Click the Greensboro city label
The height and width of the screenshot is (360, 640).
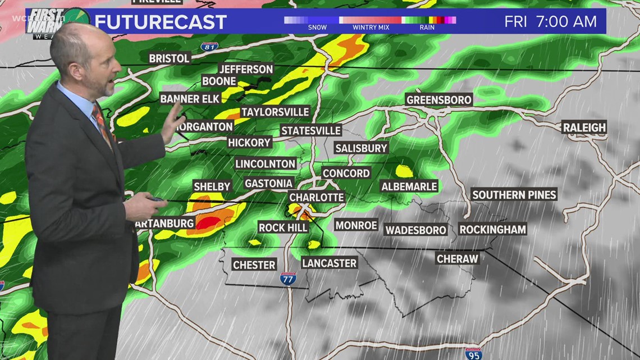[439, 99]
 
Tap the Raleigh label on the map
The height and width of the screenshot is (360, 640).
[584, 127]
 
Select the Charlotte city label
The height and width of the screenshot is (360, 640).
[316, 197]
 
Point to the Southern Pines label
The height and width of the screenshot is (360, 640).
[514, 195]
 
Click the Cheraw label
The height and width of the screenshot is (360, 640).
[458, 258]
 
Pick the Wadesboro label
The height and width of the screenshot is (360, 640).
[415, 230]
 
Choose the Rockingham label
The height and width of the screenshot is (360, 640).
[492, 229]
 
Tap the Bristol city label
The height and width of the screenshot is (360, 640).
[169, 58]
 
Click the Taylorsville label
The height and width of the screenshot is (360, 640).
[275, 112]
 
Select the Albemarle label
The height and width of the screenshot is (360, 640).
[409, 186]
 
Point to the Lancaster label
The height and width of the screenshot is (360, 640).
[329, 263]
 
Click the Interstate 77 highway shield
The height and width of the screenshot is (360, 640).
[288, 278]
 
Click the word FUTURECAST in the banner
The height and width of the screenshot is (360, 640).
[161, 22]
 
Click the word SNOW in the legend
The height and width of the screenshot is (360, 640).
[317, 27]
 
